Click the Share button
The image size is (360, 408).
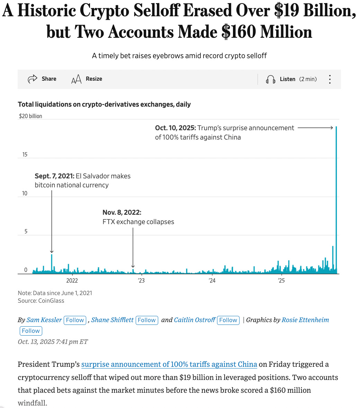pyautogui.click(x=42, y=79)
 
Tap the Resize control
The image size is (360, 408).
pyautogui.click(x=87, y=79)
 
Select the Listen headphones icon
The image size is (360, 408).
pyautogui.click(x=270, y=79)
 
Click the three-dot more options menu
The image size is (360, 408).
pyautogui.click(x=330, y=79)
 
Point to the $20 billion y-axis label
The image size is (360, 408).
pyautogui.click(x=30, y=116)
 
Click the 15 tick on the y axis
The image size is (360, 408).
pyautogui.click(x=25, y=154)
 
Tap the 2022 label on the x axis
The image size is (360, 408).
pyautogui.click(x=72, y=281)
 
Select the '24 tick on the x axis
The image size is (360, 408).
pyautogui.click(x=212, y=281)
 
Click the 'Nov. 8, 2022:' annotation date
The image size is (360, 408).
pyautogui.click(x=122, y=212)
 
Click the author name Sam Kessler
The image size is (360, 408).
pyautogui.click(x=44, y=320)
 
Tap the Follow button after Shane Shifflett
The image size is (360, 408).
pyautogui.click(x=147, y=320)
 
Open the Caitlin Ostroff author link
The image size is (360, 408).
pyautogui.click(x=195, y=320)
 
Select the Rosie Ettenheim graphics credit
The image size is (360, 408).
pyautogui.click(x=305, y=320)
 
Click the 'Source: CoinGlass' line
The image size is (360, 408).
pyautogui.click(x=41, y=301)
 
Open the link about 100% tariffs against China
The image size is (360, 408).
pyautogui.click(x=169, y=364)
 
